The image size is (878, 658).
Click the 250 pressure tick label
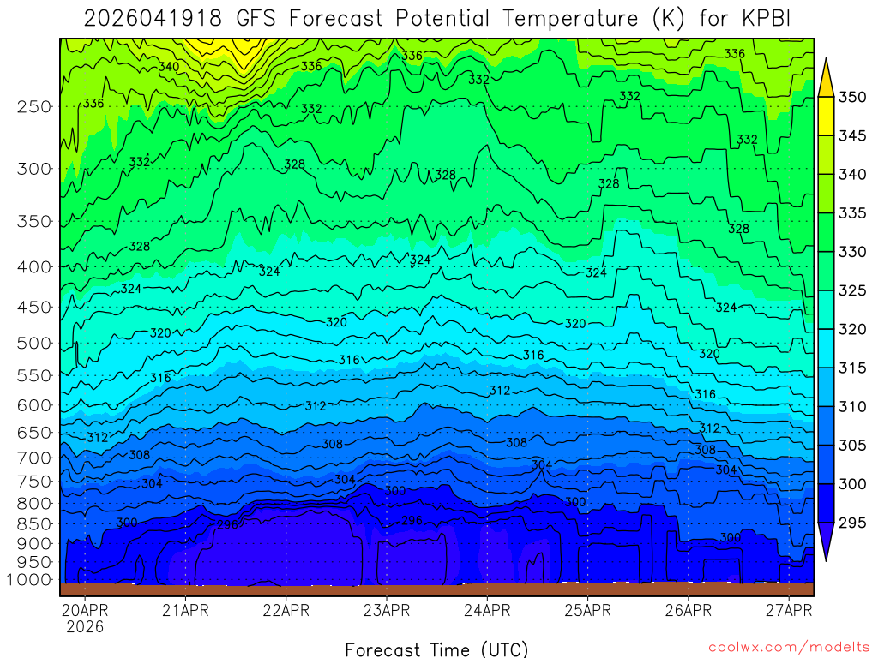(34, 106)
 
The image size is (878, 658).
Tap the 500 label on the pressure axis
(34, 344)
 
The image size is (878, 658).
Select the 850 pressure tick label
(34, 523)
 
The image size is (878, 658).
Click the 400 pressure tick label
(34, 267)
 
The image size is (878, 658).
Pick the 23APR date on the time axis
(386, 611)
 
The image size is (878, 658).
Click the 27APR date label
(788, 611)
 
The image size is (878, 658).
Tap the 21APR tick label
(185, 611)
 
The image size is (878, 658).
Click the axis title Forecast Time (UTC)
(437, 649)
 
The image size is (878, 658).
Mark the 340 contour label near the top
(169, 66)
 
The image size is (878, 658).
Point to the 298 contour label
(227, 524)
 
